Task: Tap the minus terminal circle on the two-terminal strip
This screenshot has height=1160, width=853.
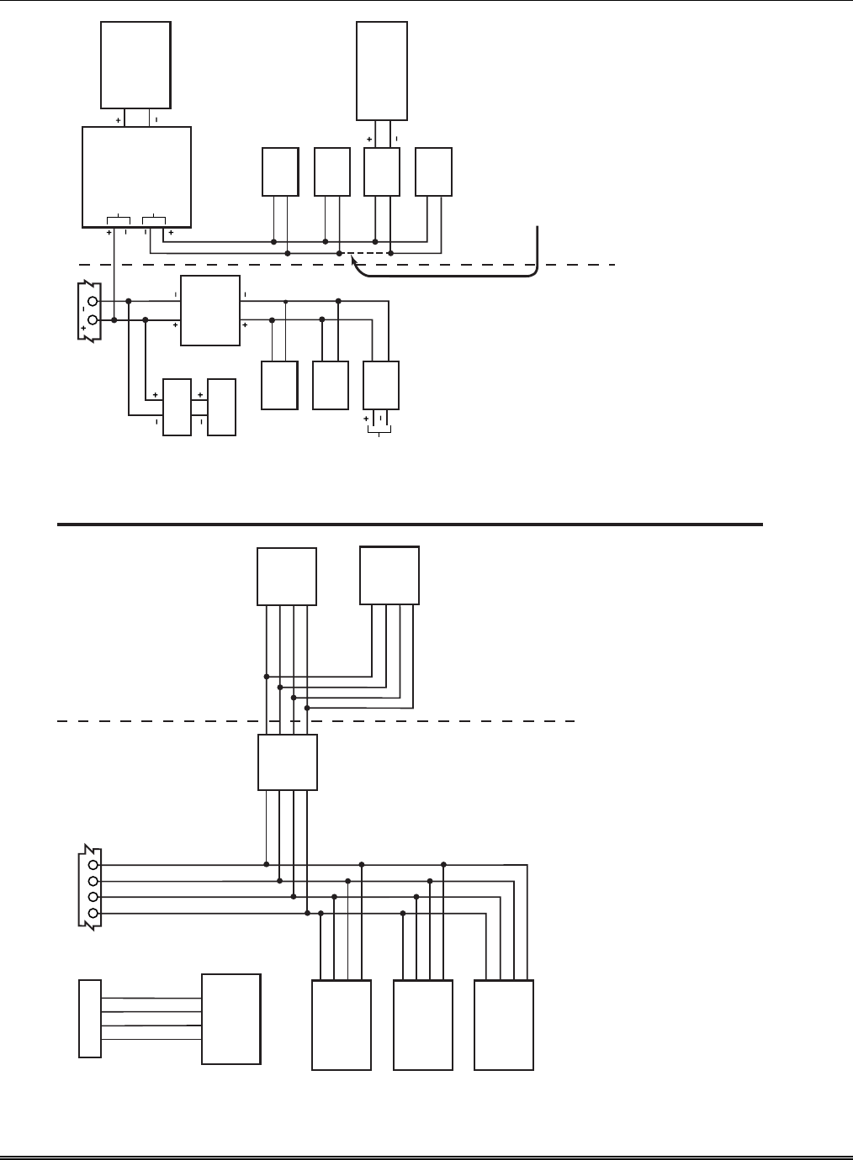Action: click(x=92, y=302)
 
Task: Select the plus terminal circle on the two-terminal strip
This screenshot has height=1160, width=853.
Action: click(x=92, y=320)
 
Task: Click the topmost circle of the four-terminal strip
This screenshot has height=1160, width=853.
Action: click(x=93, y=864)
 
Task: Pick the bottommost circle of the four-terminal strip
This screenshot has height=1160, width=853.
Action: click(x=93, y=913)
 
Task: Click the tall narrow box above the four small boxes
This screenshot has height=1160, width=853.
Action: click(x=382, y=71)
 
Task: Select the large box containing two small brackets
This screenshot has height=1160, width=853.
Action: click(x=136, y=177)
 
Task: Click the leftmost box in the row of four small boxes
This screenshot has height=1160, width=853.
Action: click(x=280, y=172)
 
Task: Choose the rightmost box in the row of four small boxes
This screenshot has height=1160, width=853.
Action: click(x=434, y=172)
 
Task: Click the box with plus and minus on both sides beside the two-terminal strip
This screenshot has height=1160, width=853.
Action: click(x=209, y=310)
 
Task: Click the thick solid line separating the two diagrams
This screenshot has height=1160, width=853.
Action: click(x=410, y=525)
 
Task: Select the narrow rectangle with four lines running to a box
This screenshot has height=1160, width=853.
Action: click(x=90, y=1018)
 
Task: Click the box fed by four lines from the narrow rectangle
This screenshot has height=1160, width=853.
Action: click(x=230, y=1019)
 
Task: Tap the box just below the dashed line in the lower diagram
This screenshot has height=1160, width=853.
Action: click(x=287, y=762)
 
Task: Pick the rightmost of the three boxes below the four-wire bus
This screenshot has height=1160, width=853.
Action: click(x=504, y=1025)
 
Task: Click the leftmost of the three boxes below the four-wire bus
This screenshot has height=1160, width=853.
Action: click(x=342, y=1025)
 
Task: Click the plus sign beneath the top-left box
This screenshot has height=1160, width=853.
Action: click(x=118, y=120)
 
